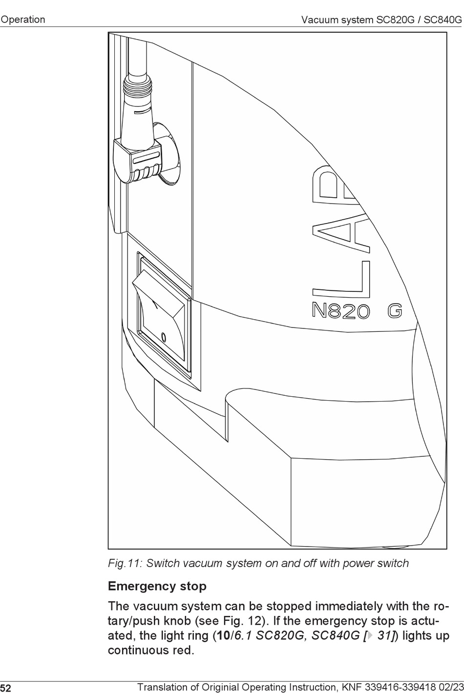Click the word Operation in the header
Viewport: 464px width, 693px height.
click(23, 20)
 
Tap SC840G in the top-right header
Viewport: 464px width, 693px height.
click(443, 20)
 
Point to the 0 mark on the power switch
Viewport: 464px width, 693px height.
click(164, 337)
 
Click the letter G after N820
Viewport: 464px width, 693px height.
click(395, 311)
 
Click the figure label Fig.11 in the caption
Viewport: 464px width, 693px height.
click(125, 563)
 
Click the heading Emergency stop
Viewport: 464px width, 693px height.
click(157, 586)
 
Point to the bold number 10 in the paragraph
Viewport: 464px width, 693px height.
click(223, 636)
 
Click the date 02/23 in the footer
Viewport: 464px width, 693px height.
click(450, 688)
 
